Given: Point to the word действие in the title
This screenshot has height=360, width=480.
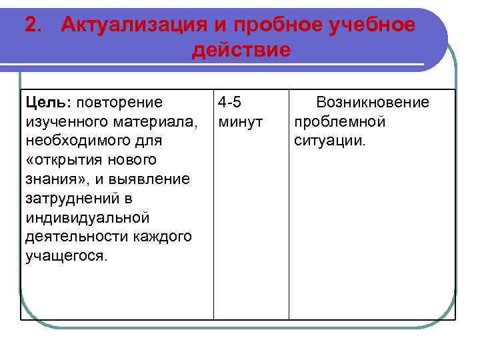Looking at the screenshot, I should (241, 51).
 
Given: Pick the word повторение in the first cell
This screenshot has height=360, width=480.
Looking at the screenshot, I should (120, 102).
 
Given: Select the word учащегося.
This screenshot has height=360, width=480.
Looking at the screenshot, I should (65, 257).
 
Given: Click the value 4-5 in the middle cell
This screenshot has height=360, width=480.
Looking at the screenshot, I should (229, 102).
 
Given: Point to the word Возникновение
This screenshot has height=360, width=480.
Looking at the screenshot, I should (373, 102).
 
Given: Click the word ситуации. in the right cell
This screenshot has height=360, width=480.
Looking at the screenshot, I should (330, 141).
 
